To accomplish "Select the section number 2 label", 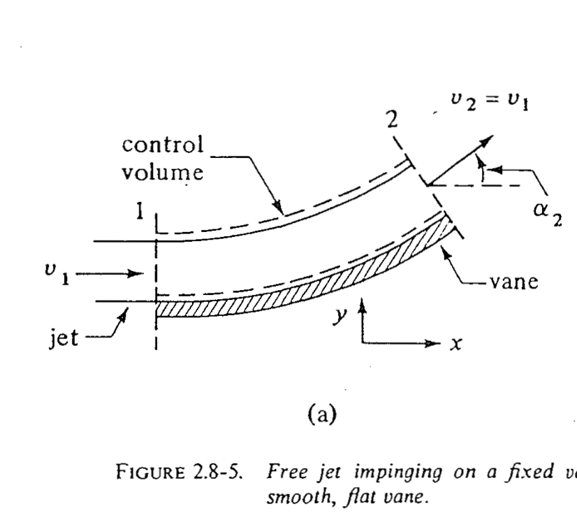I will pos(394,120).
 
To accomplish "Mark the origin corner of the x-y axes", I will pos(363,343).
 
